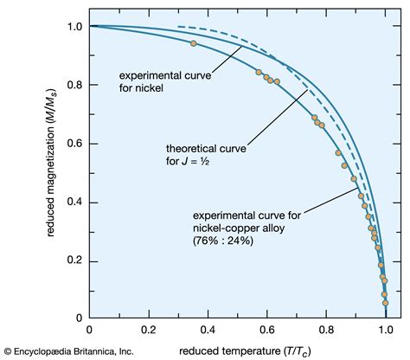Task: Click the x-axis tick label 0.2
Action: point(148,329)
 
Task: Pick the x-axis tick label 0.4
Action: point(208,329)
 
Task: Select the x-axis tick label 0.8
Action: point(326,329)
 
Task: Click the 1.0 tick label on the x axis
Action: point(385,329)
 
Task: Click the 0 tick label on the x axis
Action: point(89,329)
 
